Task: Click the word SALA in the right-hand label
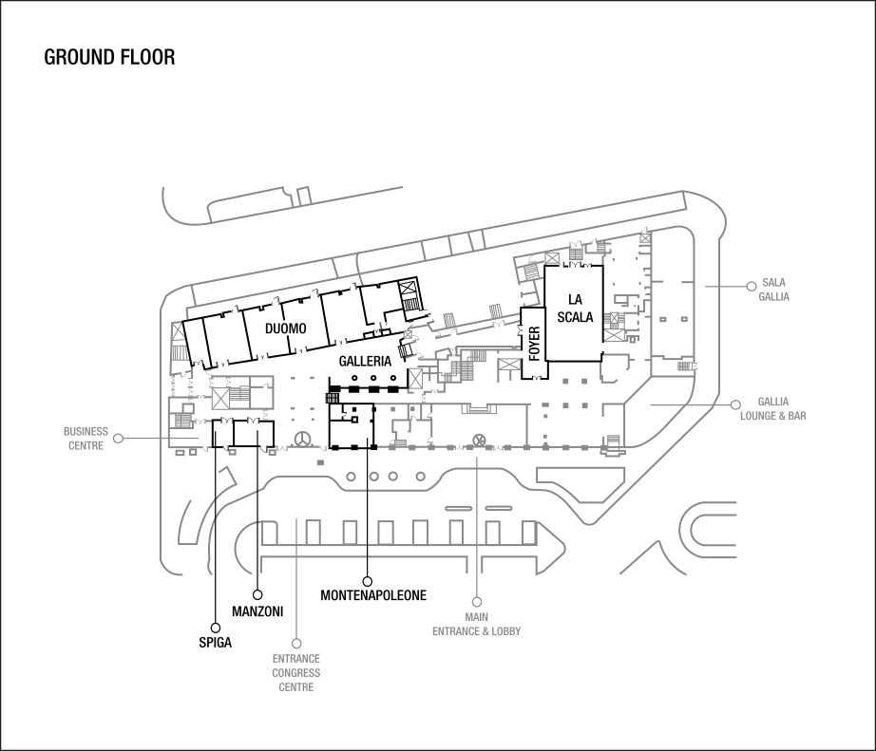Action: click(773, 283)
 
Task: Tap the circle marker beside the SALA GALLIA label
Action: click(751, 284)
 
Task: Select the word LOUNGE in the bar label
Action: click(764, 416)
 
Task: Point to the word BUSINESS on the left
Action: click(86, 431)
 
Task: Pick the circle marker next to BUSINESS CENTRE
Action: click(120, 438)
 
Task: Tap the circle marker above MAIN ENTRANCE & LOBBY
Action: click(476, 599)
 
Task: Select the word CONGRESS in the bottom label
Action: click(295, 673)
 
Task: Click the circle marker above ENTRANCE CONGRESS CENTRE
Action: click(296, 643)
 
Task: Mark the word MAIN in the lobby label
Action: click(477, 617)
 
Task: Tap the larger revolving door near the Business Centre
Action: click(303, 440)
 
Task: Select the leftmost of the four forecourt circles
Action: click(352, 477)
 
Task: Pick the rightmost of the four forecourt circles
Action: click(420, 477)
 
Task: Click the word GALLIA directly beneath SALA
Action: click(774, 296)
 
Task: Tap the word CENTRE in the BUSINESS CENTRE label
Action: click(86, 445)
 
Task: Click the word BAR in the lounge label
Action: click(796, 416)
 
